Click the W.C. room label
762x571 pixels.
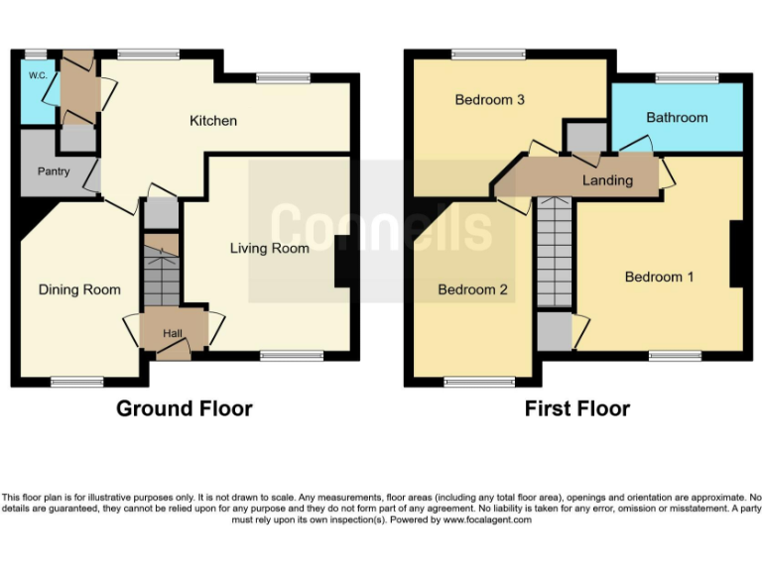click(x=38, y=75)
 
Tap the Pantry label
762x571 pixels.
click(x=54, y=171)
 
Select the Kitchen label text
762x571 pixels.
click(x=213, y=121)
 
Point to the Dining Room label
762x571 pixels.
click(x=79, y=289)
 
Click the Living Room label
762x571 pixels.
click(x=270, y=248)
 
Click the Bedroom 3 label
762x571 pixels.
click(x=489, y=100)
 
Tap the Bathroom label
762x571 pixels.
click(x=677, y=117)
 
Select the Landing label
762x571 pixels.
click(x=607, y=180)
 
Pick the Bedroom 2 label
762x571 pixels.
click(x=473, y=289)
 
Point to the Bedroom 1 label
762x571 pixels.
click(x=660, y=277)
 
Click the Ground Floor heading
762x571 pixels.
click(x=185, y=408)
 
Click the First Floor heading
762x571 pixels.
click(x=577, y=408)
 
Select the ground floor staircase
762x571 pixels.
click(x=161, y=278)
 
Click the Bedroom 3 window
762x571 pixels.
click(x=482, y=54)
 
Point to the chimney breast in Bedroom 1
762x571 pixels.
click(x=737, y=253)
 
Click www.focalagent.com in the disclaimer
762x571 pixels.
click(x=486, y=519)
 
